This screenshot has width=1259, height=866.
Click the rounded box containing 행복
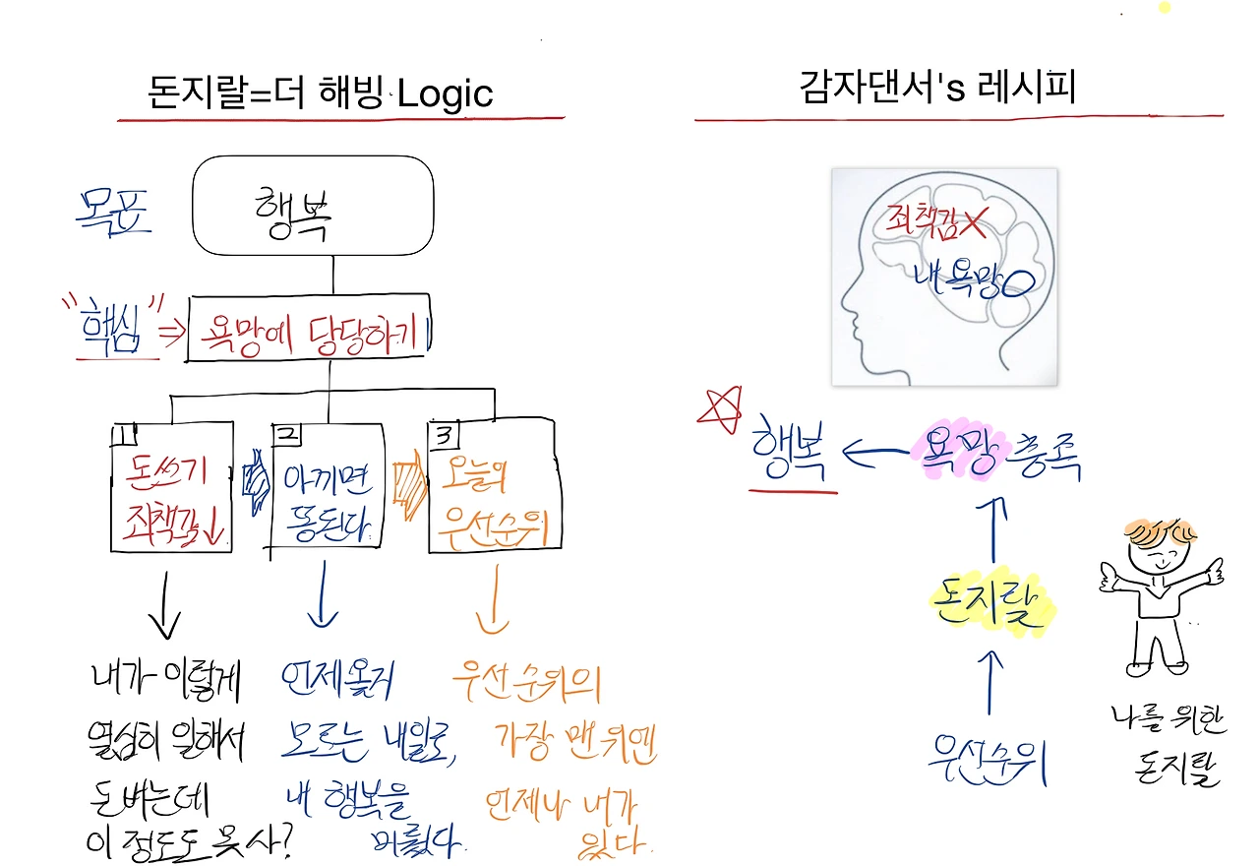(313, 206)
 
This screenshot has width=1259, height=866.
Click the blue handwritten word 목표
(114, 209)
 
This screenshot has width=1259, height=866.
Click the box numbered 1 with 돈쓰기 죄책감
(171, 486)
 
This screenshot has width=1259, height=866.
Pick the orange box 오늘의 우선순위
(496, 486)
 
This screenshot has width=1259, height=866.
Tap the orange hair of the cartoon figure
(1158, 533)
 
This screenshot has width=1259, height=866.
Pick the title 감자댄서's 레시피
(937, 89)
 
